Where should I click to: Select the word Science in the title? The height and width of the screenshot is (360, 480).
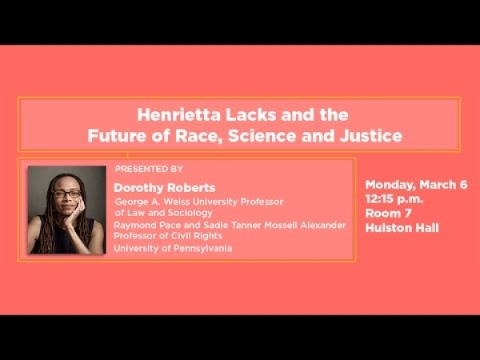click(262, 136)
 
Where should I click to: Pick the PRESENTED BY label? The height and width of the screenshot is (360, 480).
click(149, 169)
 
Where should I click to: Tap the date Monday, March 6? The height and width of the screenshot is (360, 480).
click(416, 185)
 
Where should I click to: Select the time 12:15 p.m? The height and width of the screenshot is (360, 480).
click(394, 199)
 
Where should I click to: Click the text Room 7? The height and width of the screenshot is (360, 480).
click(388, 214)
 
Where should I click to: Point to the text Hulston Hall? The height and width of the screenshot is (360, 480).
click(402, 228)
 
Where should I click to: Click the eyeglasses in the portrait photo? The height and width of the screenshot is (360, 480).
click(66, 194)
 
